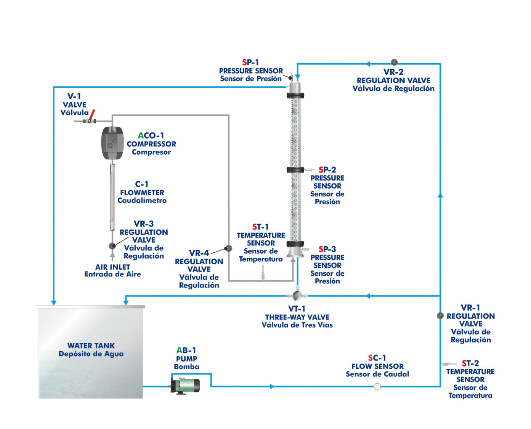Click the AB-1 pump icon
pos(185,385)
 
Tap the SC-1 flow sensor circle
pos(377,387)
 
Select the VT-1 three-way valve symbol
pos(297,295)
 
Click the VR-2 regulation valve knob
pos(394,62)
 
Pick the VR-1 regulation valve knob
pos(440,315)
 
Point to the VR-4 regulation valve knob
pos(228,249)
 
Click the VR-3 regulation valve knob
pos(112,246)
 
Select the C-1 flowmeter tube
pos(112,198)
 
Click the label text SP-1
pos(250,62)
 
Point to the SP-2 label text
pos(327,170)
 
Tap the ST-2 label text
pos(470,363)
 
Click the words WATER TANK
pos(91,345)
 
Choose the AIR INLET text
pos(112,267)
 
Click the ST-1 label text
pos(260,227)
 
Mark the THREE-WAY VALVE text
pos(297,317)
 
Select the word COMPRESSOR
pos(151,144)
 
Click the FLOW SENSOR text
pos(377,366)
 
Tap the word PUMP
pos(186,358)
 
